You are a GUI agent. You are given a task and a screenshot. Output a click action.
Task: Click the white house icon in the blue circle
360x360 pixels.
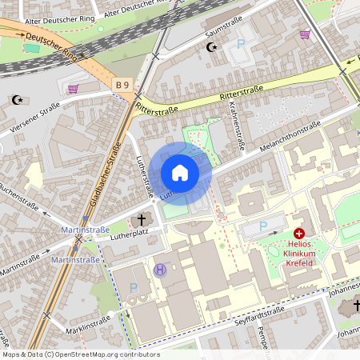[x=180, y=173]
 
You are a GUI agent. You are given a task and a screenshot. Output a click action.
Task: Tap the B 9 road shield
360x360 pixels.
[x=122, y=84]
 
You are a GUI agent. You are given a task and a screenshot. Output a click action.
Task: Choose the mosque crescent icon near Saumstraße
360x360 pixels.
[x=212, y=47]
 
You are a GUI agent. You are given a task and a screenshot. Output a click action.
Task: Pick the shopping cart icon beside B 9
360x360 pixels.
[x=74, y=89]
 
